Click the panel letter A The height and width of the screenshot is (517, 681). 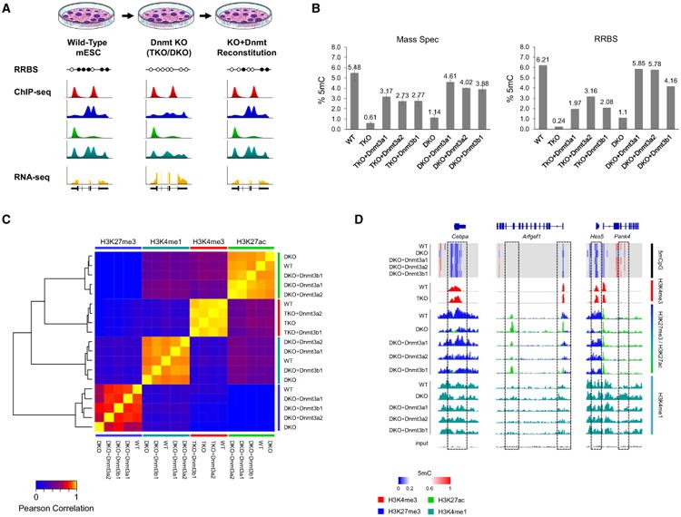point(7,8)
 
